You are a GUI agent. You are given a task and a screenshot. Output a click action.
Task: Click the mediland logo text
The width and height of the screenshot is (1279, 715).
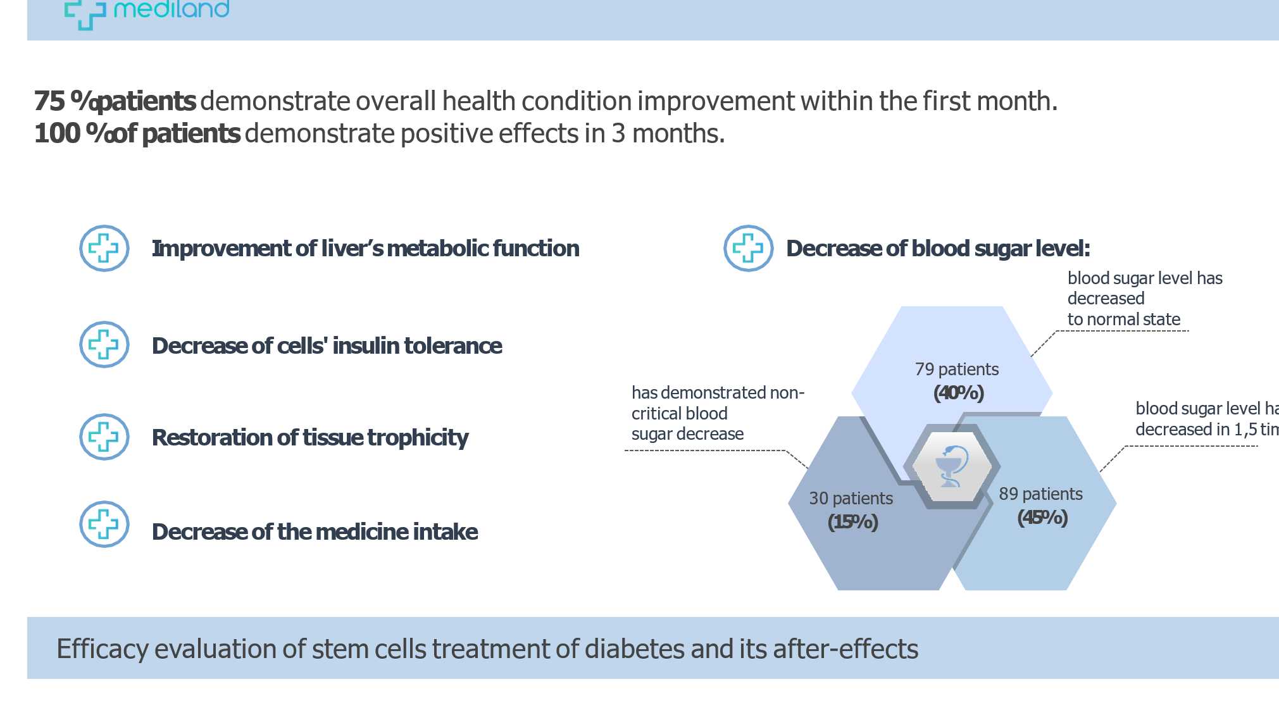point(171,9)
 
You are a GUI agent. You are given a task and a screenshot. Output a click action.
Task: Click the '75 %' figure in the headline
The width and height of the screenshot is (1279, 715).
point(54,101)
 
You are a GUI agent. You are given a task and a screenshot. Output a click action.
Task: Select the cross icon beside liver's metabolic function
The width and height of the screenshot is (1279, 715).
point(104,248)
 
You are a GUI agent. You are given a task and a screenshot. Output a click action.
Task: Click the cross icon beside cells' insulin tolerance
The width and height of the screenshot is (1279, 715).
point(104,345)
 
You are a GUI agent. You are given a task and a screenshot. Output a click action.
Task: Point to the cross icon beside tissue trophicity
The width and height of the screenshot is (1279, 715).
point(104,437)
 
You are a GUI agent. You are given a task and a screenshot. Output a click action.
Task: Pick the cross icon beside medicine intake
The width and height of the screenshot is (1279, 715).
point(104,525)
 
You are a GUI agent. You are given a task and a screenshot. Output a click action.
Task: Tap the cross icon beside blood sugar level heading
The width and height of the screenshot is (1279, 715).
point(748,248)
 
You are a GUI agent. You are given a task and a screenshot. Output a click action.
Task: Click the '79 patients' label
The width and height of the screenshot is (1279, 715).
point(956,369)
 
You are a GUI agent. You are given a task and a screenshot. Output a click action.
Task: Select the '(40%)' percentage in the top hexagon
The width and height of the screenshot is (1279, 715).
point(958,393)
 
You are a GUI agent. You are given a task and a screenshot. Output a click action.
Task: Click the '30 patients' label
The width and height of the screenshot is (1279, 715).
point(851,499)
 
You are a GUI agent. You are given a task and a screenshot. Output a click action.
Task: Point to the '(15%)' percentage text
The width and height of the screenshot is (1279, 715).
point(852,522)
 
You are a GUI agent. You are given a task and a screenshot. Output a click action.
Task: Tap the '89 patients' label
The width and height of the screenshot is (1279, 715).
point(1040,494)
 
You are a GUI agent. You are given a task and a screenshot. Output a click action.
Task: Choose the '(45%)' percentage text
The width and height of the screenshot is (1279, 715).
point(1042,518)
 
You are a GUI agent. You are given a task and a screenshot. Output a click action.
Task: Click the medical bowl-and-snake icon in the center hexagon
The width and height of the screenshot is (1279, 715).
point(951,466)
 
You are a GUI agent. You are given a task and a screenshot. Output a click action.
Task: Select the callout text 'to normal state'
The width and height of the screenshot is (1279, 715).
point(1123,320)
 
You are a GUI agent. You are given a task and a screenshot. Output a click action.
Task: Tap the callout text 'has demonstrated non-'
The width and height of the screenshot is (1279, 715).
point(718,393)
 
